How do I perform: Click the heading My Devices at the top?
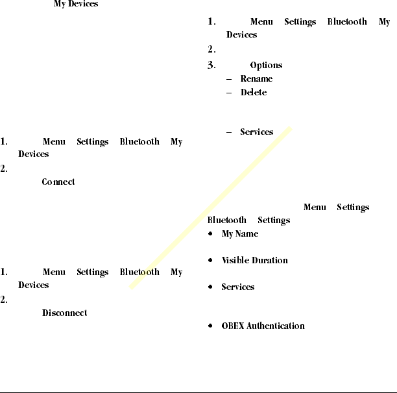(76, 5)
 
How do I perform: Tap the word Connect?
(58, 182)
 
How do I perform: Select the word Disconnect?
(65, 313)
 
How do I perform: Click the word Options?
(266, 65)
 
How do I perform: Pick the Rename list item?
(256, 78)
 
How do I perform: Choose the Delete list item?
(254, 92)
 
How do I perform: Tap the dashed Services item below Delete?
(256, 132)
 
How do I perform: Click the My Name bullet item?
(240, 233)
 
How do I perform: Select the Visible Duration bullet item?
(255, 260)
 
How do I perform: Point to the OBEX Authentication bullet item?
(263, 326)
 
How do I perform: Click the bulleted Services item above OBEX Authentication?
(238, 287)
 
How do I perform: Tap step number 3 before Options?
(211, 65)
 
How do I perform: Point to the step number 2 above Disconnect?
(4, 299)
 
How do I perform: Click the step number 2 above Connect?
(4, 168)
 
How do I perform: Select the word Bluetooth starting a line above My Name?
(227, 220)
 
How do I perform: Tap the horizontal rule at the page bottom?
(198, 392)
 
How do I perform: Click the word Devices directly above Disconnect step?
(34, 285)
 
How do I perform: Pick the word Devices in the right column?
(242, 35)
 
